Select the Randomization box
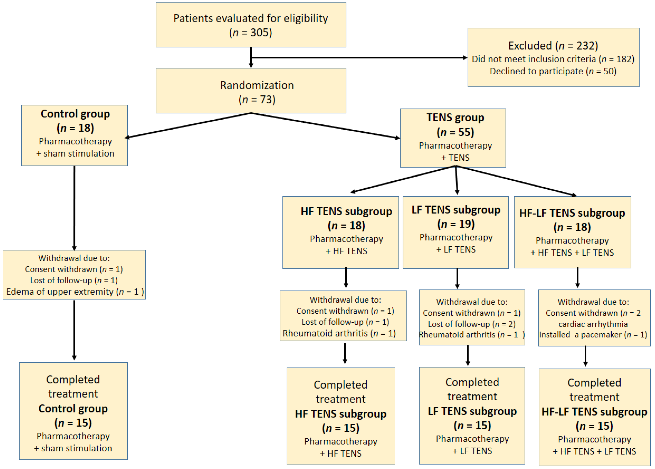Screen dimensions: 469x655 [251, 90]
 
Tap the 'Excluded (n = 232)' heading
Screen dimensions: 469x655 [553, 46]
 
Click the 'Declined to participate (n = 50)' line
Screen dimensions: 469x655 [553, 71]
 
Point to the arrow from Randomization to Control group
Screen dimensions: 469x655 [188, 126]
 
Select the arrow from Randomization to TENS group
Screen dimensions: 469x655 [325, 126]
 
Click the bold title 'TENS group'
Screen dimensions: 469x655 [455, 117]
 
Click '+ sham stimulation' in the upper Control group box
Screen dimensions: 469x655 [75, 153]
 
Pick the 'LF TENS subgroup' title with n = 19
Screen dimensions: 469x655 [456, 209]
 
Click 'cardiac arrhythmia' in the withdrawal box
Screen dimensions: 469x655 [593, 324]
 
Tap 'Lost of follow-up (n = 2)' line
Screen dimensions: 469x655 [471, 324]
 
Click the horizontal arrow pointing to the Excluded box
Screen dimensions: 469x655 [358, 58]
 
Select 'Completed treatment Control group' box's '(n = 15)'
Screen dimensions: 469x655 [73, 423]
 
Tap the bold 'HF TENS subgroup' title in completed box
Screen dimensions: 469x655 [340, 413]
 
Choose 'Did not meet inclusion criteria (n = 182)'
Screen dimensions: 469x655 [553, 59]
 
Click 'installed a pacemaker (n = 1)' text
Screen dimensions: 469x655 [593, 335]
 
